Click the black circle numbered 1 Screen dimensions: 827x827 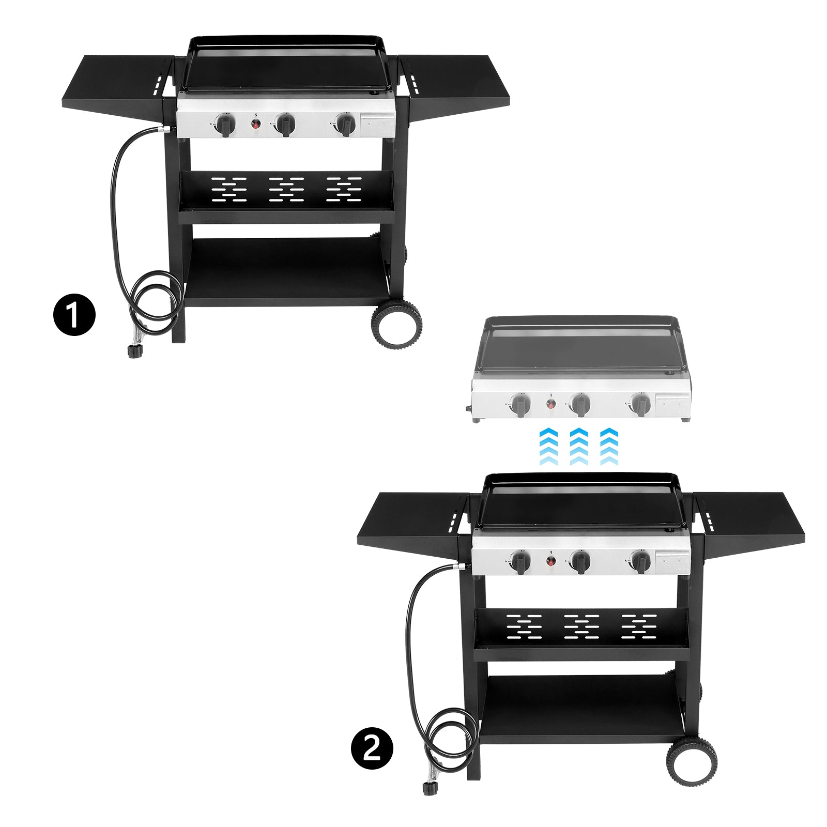pos(74,314)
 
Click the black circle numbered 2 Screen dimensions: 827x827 pos(372,748)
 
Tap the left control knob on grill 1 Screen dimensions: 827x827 pos(226,125)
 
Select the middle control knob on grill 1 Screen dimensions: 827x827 pos(285,125)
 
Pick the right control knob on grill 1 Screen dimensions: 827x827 pos(345,125)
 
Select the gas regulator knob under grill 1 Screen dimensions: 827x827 pos(135,351)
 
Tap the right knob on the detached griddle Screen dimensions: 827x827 pos(640,405)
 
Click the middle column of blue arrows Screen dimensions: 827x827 pos(579,446)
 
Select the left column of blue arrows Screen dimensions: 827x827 pos(548,446)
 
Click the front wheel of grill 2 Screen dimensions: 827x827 pos(692,760)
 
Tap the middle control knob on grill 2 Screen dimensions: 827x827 pos(580,562)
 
